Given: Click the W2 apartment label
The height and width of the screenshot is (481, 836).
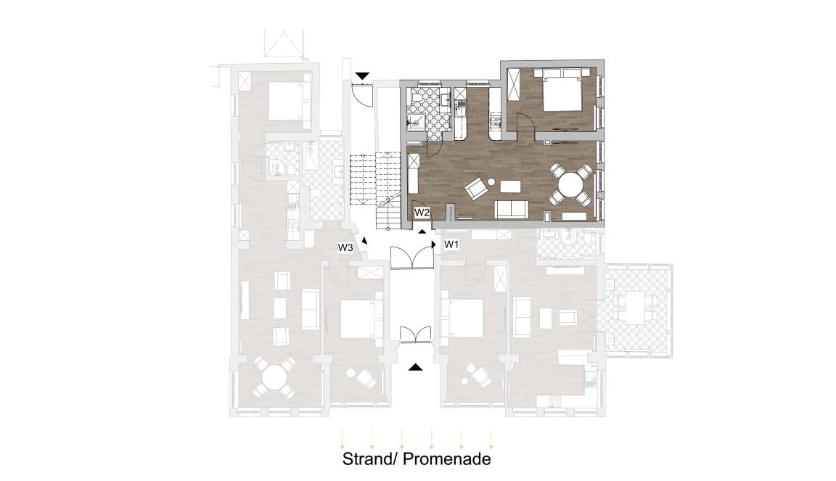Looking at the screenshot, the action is tap(422, 213).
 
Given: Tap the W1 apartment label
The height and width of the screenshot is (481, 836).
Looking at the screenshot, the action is tap(451, 244).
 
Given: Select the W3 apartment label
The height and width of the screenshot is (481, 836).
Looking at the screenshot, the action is tap(345, 247).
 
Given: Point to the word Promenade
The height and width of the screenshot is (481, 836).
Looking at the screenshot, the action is tap(447, 459).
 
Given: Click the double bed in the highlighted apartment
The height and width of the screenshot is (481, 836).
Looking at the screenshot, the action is tap(561, 91).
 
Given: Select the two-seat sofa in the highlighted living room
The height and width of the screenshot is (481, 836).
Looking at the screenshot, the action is tap(512, 209).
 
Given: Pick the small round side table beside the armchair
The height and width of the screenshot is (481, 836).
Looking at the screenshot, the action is tap(491, 182).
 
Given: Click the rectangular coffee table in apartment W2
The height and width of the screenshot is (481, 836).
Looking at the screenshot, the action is tap(509, 186).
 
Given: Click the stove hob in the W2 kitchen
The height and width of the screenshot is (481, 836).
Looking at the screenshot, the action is tap(496, 123).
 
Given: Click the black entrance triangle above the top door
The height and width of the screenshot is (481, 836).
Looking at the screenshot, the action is tap(363, 76).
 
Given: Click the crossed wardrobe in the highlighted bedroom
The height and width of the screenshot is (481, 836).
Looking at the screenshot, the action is tap(515, 85).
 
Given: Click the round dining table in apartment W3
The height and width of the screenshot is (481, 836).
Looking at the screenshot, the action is tap(274, 377).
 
